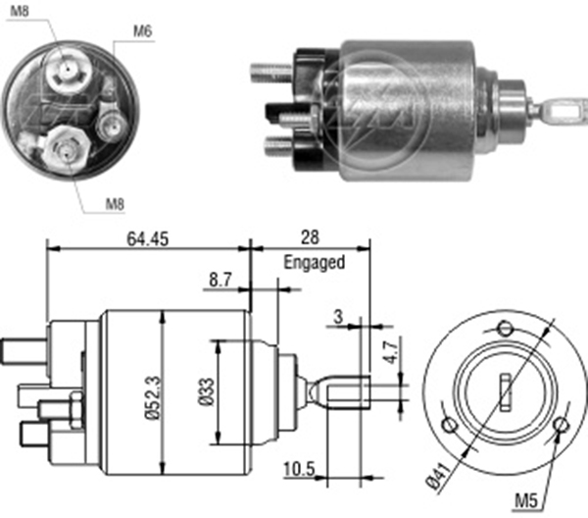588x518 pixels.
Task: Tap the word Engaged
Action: [314, 262]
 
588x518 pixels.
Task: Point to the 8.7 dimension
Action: [220, 281]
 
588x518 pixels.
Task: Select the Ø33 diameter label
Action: [203, 391]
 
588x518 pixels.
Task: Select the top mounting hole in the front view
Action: [505, 328]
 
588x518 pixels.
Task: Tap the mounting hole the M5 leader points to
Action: [561, 426]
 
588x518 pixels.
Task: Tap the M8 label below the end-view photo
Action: [116, 206]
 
